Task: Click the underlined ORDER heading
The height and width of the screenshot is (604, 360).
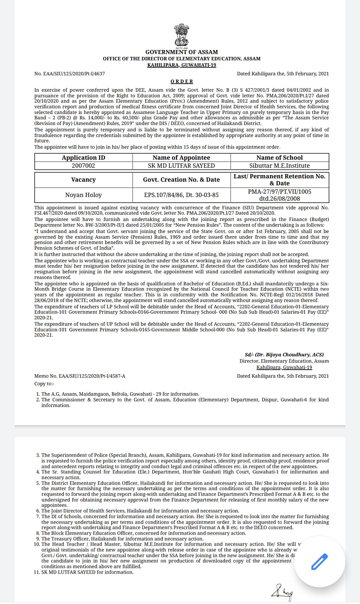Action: click(x=182, y=81)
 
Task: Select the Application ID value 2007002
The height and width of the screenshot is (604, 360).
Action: click(x=83, y=166)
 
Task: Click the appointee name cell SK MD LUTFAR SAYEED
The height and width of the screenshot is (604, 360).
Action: click(x=181, y=166)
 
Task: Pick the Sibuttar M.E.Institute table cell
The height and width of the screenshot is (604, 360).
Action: click(x=279, y=166)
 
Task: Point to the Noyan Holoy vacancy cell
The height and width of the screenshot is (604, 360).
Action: click(x=83, y=195)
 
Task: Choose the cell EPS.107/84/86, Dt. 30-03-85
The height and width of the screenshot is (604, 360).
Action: click(x=181, y=195)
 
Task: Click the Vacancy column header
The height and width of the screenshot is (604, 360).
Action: click(x=83, y=180)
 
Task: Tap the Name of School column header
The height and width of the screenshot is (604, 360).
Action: click(x=279, y=158)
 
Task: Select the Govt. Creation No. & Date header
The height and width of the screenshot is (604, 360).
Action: click(x=181, y=180)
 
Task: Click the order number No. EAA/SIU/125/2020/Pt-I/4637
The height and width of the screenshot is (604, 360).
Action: click(x=70, y=74)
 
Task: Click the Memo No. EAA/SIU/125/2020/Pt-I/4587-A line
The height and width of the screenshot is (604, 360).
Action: click(x=80, y=376)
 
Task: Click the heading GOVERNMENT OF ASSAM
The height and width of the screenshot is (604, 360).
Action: click(x=182, y=52)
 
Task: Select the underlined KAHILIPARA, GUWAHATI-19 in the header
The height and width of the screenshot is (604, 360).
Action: click(x=182, y=65)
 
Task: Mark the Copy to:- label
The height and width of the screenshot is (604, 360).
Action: click(x=44, y=384)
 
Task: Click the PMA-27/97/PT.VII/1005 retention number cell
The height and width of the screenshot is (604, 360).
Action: click(x=279, y=195)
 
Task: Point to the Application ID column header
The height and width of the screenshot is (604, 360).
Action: click(x=83, y=158)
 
